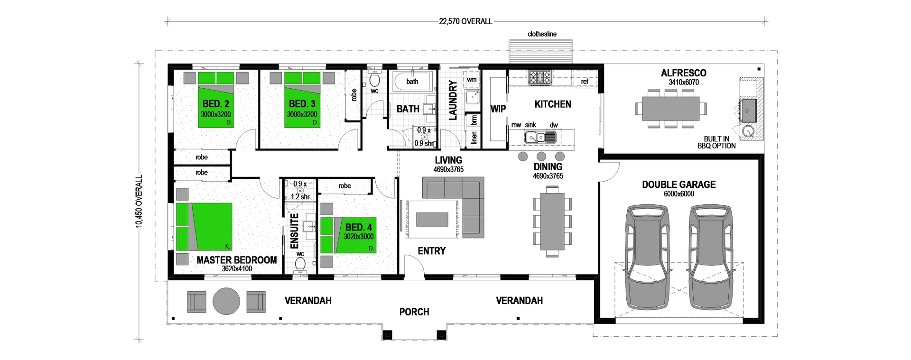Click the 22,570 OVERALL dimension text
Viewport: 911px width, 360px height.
465,21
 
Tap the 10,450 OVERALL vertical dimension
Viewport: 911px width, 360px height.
139,202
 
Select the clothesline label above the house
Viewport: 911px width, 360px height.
542,34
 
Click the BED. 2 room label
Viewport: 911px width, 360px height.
216,104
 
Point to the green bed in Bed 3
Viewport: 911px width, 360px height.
302,100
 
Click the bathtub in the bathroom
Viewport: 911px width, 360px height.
412,82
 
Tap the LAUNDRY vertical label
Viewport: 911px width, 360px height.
453,100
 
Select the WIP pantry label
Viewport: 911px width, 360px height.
498,109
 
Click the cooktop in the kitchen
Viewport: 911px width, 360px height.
540,77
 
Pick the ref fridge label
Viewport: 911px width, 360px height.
585,82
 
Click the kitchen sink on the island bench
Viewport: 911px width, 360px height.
535,138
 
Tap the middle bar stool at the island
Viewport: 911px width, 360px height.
541,156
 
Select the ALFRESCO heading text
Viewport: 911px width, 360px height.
683,73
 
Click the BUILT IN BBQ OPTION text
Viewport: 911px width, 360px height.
716,142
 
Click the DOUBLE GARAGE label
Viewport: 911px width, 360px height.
679,185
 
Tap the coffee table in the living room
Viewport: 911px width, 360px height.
432,219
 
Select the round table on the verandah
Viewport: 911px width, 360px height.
226,301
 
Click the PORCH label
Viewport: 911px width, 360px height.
414,312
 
